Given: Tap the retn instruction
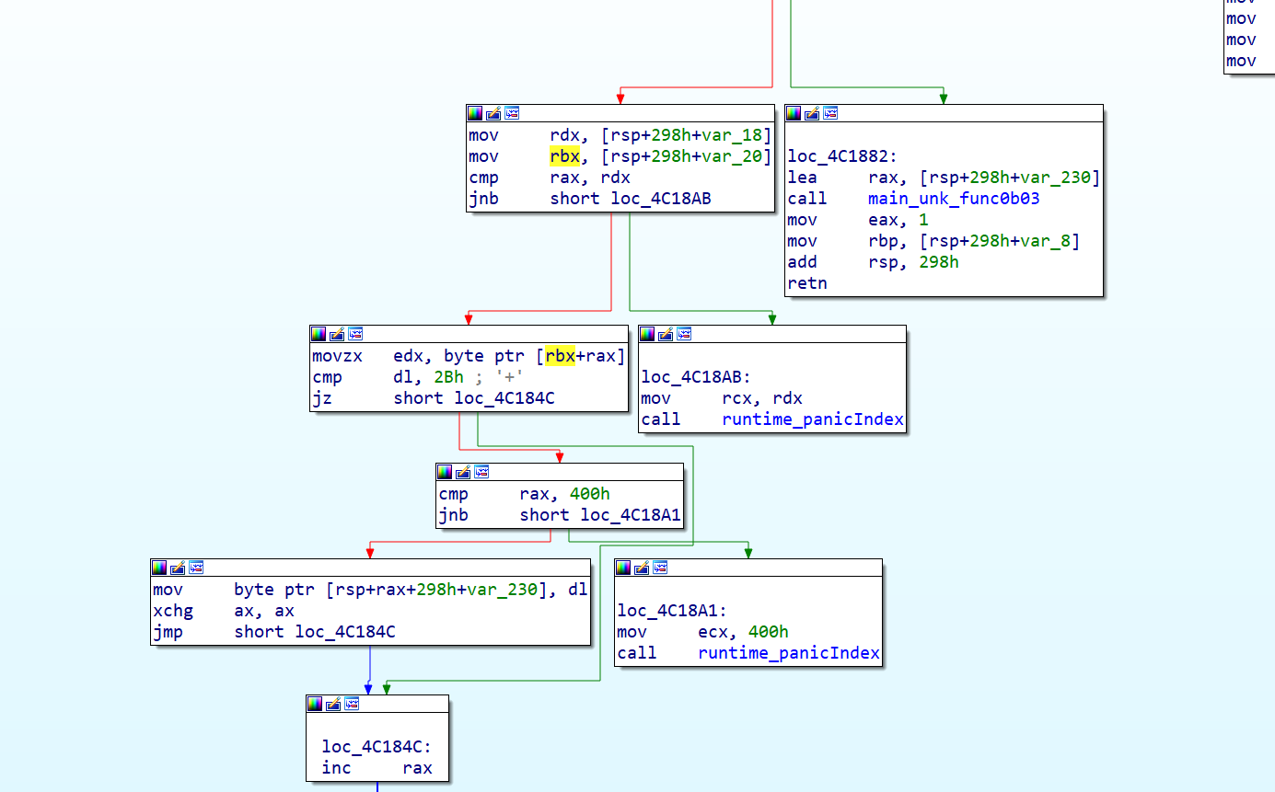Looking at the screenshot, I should (x=807, y=283).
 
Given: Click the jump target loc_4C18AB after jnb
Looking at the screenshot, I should (x=660, y=199).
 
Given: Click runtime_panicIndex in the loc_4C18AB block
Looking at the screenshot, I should (x=813, y=419).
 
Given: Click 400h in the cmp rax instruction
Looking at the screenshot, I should (x=589, y=494).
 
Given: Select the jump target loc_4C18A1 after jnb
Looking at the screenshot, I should (x=631, y=515).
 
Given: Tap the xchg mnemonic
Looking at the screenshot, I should (x=172, y=611).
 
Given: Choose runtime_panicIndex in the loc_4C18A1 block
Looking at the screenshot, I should (x=789, y=653).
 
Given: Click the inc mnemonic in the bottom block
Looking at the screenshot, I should (x=336, y=768).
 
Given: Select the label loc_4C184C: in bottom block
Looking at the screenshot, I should (x=377, y=747).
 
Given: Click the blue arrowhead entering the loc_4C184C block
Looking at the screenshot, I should (x=369, y=689).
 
